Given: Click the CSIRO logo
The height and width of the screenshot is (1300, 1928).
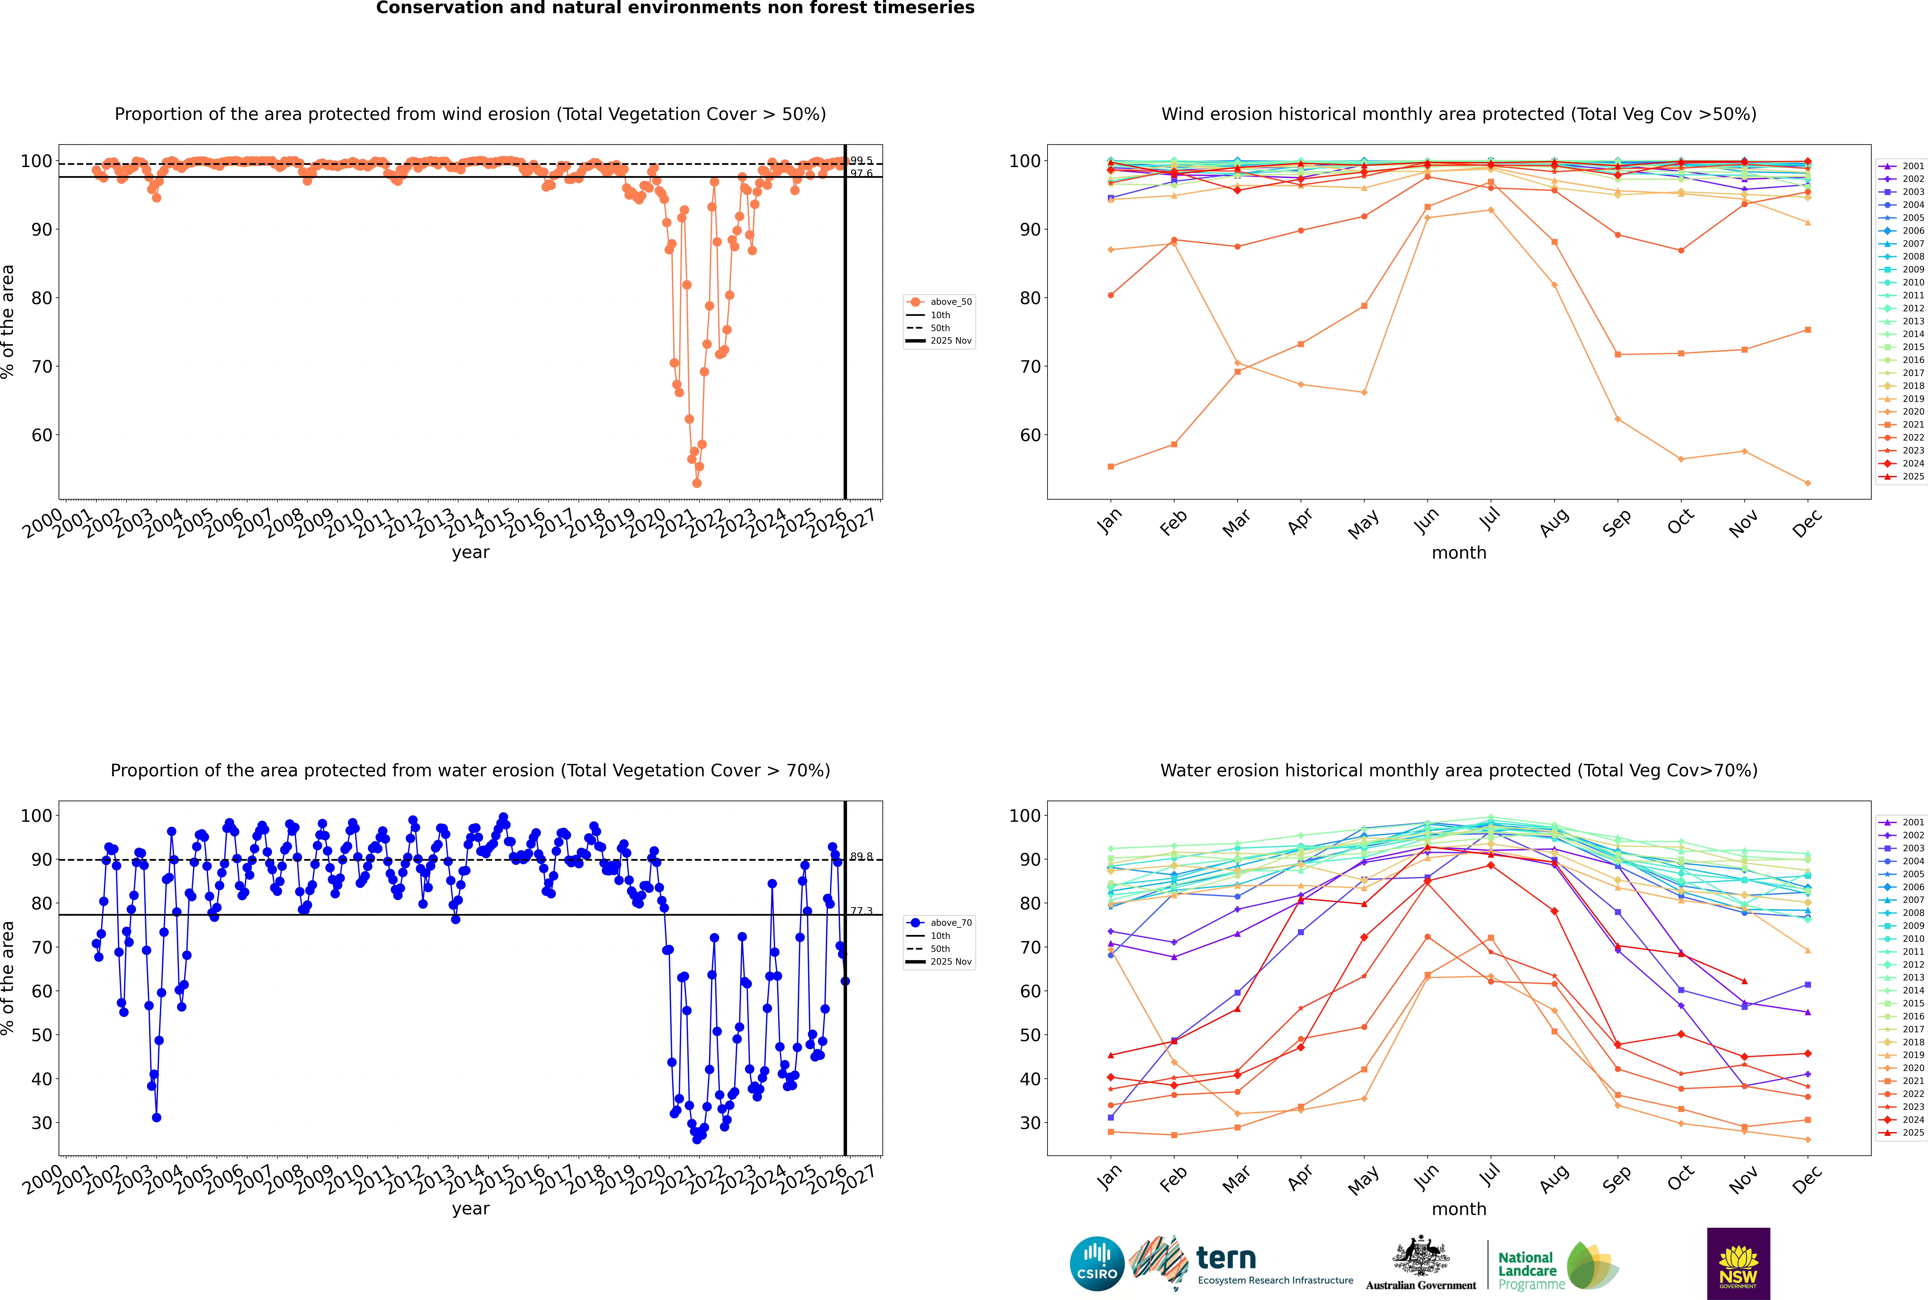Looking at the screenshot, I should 1097,1264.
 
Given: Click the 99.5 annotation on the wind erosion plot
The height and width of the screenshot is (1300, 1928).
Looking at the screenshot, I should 861,161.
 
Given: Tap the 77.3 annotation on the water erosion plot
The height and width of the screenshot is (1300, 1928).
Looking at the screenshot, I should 861,911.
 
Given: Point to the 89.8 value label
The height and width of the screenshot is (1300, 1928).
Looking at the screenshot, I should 861,856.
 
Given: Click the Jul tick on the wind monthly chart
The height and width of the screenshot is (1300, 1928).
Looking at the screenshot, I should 1490,519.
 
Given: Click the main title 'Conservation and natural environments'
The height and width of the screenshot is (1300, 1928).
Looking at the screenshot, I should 675,8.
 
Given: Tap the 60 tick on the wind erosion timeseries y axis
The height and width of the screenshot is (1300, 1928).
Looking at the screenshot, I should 41,435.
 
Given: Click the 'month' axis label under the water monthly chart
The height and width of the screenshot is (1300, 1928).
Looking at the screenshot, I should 1459,1209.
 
